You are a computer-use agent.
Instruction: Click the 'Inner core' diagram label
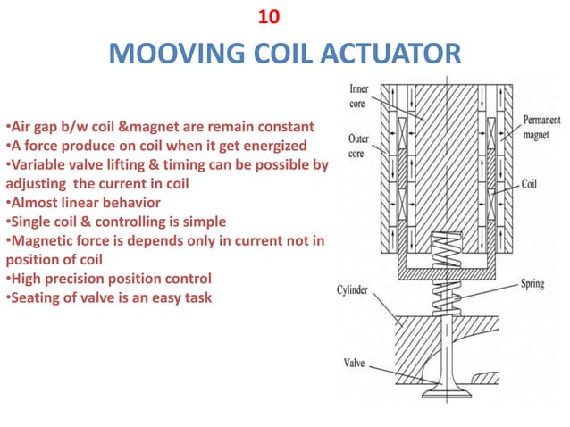[359, 96]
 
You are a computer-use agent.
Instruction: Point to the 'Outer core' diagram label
[359, 147]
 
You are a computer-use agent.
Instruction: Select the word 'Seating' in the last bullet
[35, 297]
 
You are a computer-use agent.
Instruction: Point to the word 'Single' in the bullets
[29, 221]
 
